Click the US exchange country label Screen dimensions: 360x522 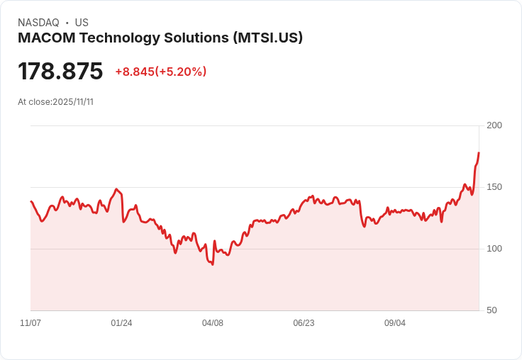click(82, 23)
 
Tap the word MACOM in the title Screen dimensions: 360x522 click(43, 38)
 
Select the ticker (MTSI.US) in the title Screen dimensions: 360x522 click(268, 38)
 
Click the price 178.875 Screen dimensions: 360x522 click(60, 72)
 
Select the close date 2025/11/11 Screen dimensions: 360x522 click(73, 102)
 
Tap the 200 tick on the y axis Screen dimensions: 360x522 click(494, 125)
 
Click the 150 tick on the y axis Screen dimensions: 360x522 click(494, 187)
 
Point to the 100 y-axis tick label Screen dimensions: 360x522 click(494, 249)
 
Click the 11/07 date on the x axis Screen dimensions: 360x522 click(30, 323)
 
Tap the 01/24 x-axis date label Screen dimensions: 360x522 click(121, 323)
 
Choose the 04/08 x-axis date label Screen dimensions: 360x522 click(213, 323)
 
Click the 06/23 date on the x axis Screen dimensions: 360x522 click(304, 323)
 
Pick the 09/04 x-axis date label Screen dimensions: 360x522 click(395, 323)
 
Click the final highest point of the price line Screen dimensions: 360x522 click(479, 153)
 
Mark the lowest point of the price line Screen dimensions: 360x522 click(213, 264)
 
